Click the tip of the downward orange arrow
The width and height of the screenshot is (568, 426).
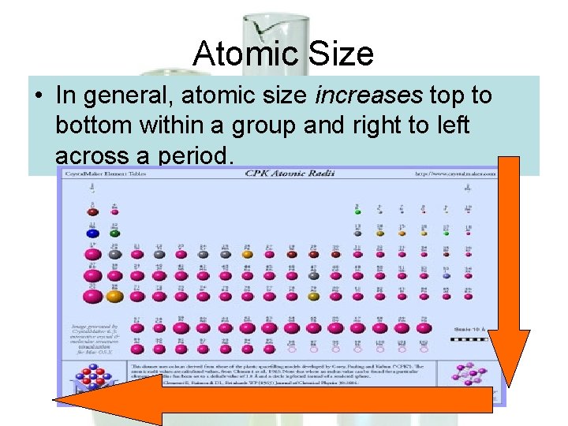click(x=508, y=384)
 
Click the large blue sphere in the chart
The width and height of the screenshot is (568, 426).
click(x=93, y=233)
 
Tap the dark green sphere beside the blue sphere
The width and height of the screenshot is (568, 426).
click(x=114, y=233)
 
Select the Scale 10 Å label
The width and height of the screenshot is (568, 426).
click(x=472, y=328)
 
